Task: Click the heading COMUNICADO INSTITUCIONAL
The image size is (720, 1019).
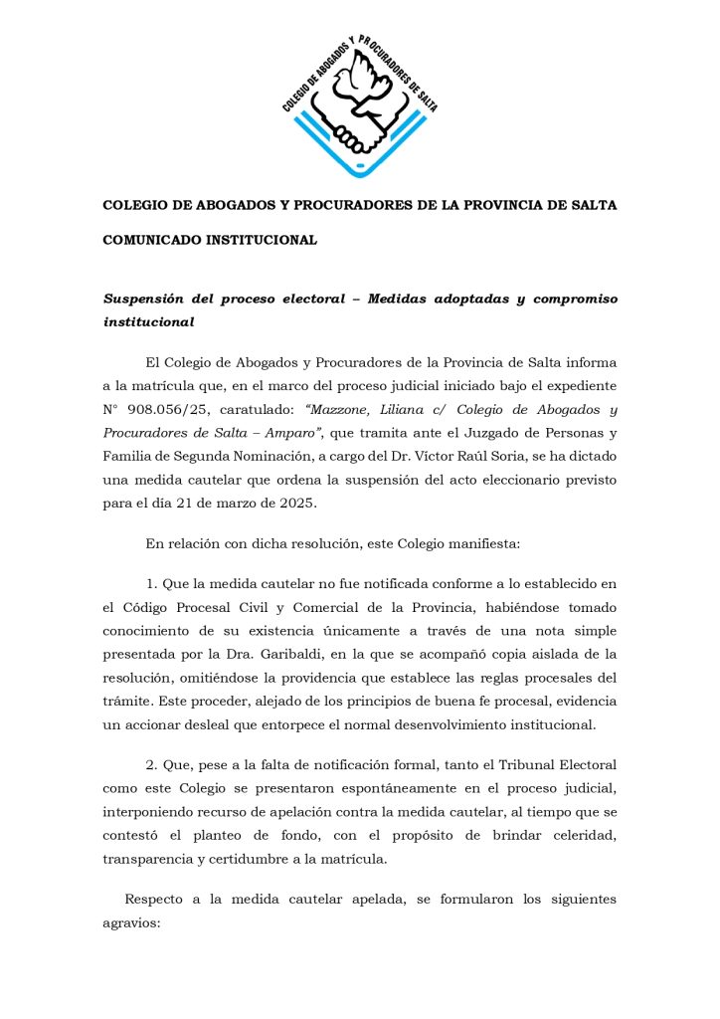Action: click(210, 240)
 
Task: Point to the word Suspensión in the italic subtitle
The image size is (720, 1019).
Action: click(152, 300)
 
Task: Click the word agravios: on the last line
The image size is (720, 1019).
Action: click(131, 922)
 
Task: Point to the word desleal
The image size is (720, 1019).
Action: click(210, 723)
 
